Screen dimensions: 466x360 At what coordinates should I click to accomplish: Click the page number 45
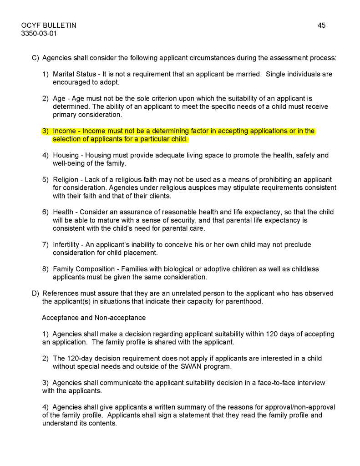321,25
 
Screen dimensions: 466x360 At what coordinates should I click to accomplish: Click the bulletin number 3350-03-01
39,33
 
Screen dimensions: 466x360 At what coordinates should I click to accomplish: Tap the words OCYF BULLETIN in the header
49,25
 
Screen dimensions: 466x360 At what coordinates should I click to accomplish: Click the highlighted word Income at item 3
64,131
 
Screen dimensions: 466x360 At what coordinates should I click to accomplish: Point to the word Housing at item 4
66,155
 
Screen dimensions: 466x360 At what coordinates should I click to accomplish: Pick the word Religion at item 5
66,180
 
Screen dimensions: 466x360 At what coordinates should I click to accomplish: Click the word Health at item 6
63,212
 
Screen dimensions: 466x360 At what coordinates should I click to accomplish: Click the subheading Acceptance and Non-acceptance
94,318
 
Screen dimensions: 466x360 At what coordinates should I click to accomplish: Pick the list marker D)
35,294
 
